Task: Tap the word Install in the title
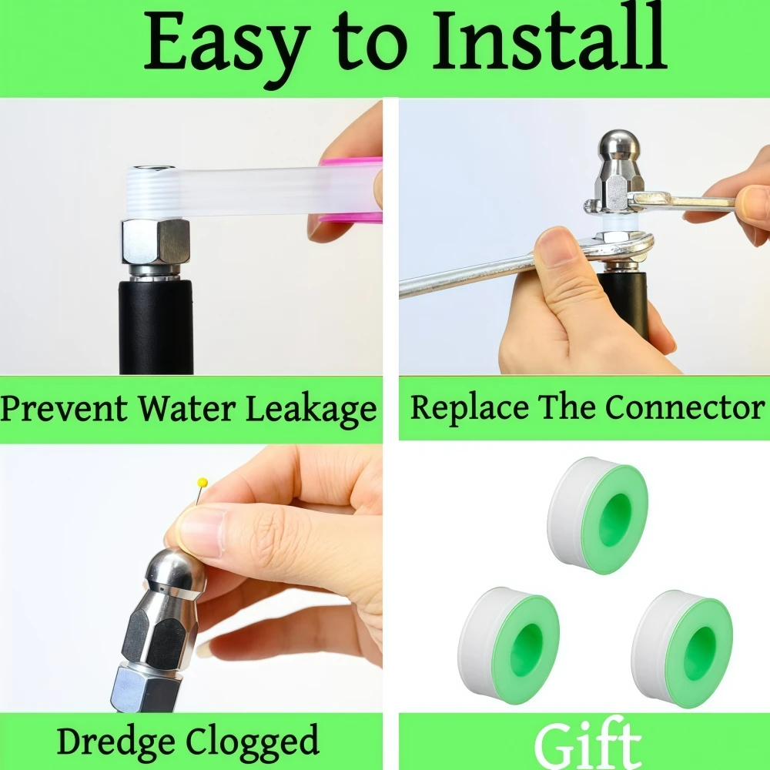[x=549, y=40]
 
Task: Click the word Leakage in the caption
[x=311, y=409]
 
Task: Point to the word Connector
[x=685, y=407]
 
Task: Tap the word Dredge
[x=115, y=741]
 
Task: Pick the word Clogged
[x=253, y=741]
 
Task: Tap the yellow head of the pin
[x=203, y=483]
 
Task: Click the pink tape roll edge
[x=351, y=189]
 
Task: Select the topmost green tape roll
[x=598, y=515]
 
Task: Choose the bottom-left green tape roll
[x=509, y=645]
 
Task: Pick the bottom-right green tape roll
[x=682, y=648]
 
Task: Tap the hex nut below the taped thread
[x=156, y=242]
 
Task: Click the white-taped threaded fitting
[x=154, y=192]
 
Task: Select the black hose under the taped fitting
[x=156, y=327]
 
